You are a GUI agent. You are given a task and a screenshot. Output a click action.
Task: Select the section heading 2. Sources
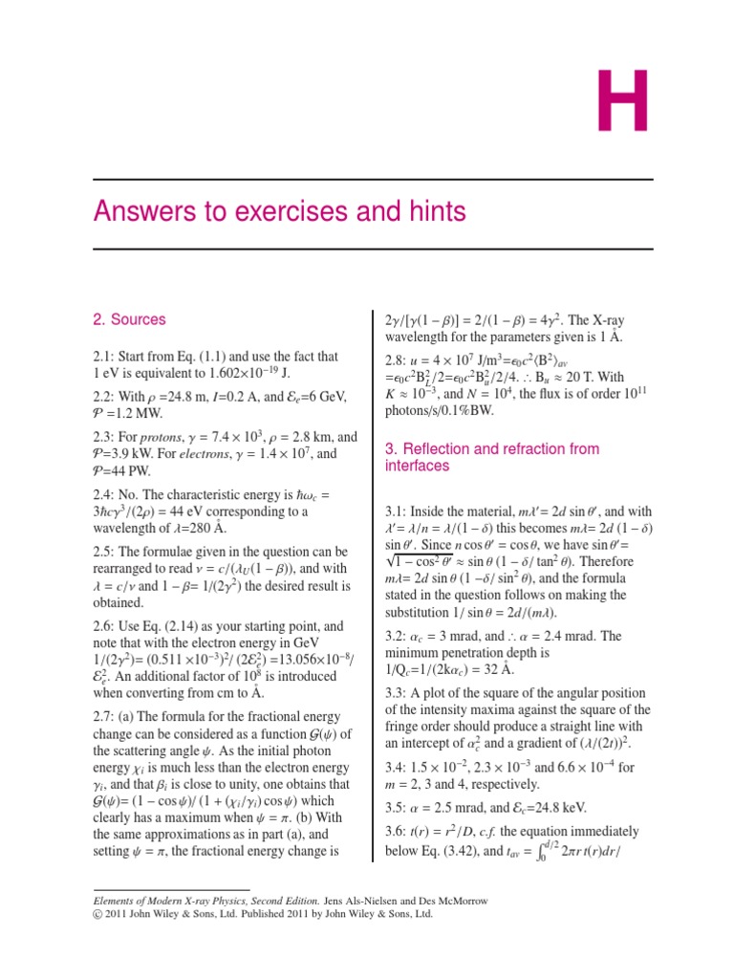(129, 319)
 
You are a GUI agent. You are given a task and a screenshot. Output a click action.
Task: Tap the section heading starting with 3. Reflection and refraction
(491, 457)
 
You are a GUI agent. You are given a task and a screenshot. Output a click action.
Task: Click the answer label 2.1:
(106, 357)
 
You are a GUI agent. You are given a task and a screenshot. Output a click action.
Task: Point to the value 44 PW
(128, 470)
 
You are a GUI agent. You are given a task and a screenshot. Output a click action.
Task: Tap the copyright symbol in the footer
(99, 914)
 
